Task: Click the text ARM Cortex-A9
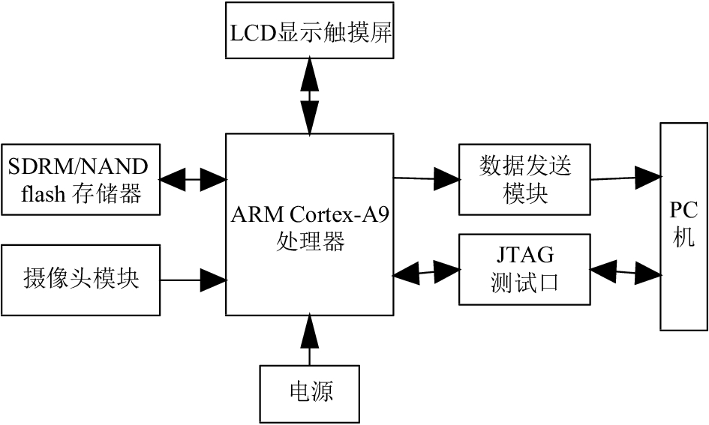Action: click(310, 214)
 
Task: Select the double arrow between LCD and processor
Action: click(310, 96)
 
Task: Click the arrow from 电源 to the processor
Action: click(310, 340)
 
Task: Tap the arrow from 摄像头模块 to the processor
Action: click(193, 280)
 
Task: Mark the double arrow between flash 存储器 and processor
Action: click(193, 180)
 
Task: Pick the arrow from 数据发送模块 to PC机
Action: click(626, 178)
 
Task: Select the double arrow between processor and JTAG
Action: click(426, 272)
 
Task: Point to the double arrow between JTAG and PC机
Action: click(626, 272)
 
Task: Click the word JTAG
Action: click(525, 255)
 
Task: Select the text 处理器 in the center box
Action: click(310, 241)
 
